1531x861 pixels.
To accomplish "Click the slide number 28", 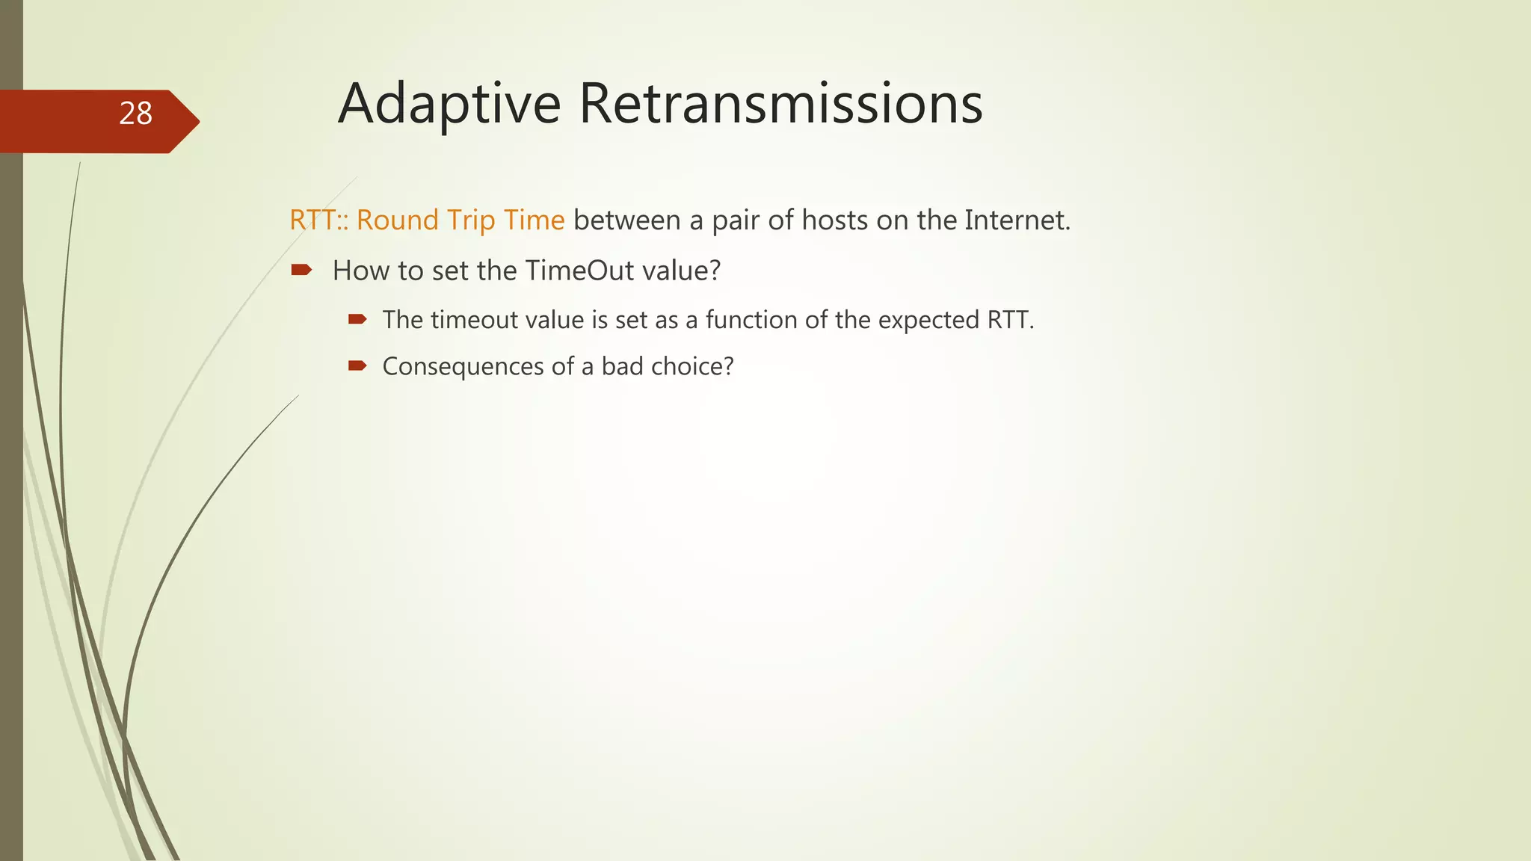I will coord(135,114).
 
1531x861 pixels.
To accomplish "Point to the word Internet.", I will coord(1017,220).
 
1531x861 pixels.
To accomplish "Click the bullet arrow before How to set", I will coord(301,270).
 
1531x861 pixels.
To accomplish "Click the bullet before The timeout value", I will coord(357,319).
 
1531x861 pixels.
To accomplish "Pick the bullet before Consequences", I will coord(357,365).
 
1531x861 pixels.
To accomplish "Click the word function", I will coord(751,320).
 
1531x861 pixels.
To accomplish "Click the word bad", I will coord(622,366).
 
